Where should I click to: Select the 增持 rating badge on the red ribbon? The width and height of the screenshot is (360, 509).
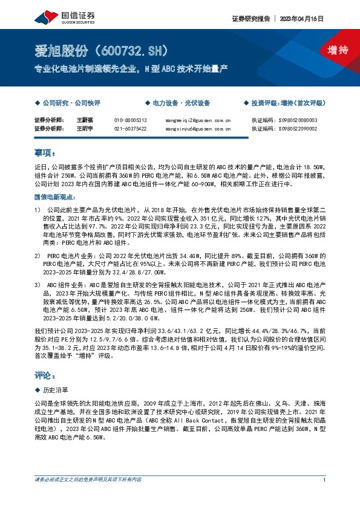coord(329,50)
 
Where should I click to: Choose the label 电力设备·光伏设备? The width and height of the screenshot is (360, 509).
coord(181,103)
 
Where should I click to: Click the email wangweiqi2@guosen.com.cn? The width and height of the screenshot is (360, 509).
coord(197,120)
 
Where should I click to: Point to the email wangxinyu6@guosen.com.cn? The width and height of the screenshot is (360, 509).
coord(197,129)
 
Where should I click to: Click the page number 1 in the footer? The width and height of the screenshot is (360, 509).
coord(325,480)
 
